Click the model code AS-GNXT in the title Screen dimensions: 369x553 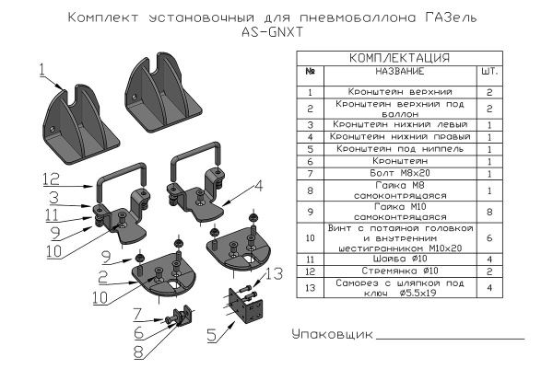coord(276,31)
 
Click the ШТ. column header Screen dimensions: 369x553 coord(489,72)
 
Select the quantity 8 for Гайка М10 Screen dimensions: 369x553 coord(489,210)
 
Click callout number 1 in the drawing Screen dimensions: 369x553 coord(42,67)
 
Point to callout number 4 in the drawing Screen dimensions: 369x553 coord(258,184)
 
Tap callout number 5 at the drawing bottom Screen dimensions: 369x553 coord(212,336)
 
